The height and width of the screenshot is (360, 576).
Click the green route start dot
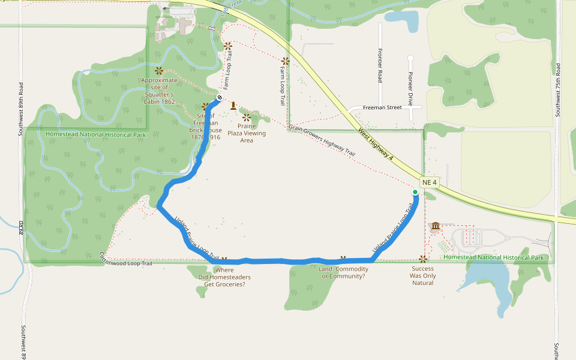[x=415, y=192]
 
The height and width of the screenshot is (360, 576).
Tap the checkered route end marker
[x=220, y=98]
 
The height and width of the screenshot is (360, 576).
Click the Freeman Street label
[x=382, y=107]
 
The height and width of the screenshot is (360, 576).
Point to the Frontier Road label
[x=380, y=65]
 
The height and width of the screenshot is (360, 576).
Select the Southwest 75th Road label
[x=557, y=89]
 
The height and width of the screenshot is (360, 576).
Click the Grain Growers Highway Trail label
[x=322, y=140]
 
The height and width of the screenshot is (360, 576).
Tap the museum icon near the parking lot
[x=435, y=226]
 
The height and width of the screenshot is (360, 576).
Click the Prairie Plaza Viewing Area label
[x=247, y=133]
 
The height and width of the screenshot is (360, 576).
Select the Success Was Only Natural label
[x=423, y=275]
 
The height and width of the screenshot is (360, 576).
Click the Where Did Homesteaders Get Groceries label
[x=224, y=277]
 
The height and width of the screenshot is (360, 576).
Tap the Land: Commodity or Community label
[x=343, y=273]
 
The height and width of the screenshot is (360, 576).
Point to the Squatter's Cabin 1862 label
[x=159, y=91]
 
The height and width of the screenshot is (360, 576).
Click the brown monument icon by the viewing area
[x=233, y=106]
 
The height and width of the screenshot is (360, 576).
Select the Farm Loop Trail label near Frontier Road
[x=282, y=86]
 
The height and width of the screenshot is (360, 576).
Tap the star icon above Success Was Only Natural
[x=423, y=259]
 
